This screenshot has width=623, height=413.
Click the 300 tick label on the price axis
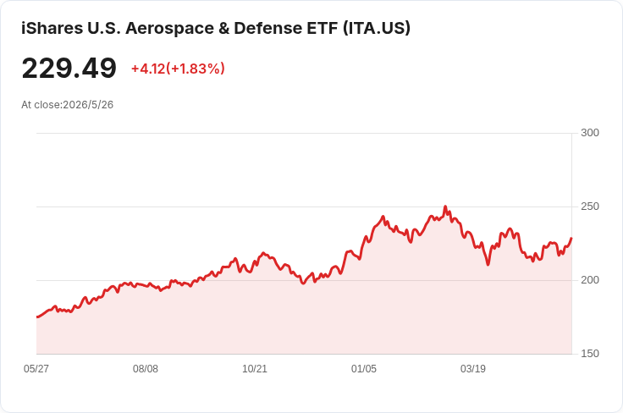click(x=590, y=133)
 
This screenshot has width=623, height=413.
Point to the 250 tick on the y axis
click(x=590, y=206)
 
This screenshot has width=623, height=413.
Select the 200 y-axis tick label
click(x=590, y=280)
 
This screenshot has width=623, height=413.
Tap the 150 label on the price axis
click(x=590, y=354)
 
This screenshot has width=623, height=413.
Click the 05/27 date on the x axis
click(x=36, y=368)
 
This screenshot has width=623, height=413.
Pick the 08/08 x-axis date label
click(x=146, y=368)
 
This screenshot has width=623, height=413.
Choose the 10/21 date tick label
click(x=255, y=368)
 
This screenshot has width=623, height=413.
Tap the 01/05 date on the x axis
click(x=363, y=368)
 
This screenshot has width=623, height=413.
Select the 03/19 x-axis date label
click(x=473, y=368)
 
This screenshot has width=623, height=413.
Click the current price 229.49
click(x=69, y=69)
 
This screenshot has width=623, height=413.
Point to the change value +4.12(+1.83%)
click(x=178, y=69)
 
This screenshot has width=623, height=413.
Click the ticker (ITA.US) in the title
click(x=377, y=28)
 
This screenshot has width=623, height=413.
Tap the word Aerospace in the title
click(x=169, y=28)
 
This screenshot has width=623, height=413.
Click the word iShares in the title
click(x=52, y=28)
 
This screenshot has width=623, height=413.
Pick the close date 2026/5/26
click(x=88, y=105)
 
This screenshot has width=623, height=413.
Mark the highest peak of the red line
click(x=445, y=206)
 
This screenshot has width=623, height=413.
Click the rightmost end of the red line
click(x=571, y=239)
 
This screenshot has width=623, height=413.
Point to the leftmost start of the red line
click(x=37, y=317)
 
